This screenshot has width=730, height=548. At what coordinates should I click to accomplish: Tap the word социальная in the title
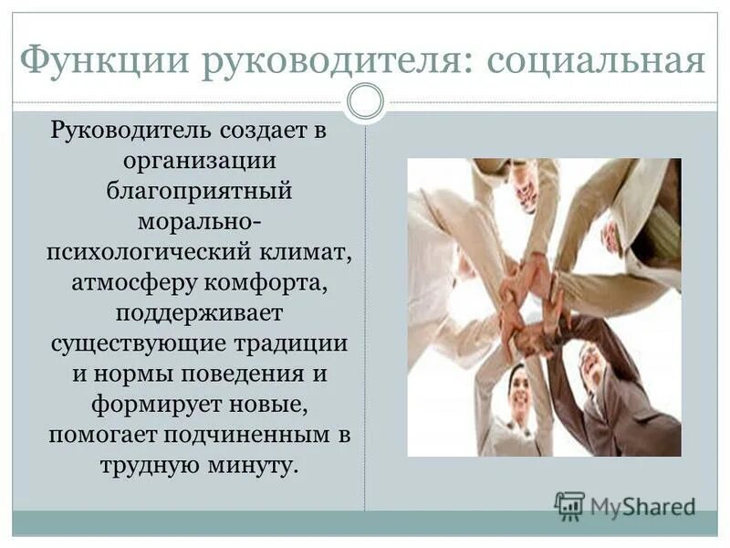597,61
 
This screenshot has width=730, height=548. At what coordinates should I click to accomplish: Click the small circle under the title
366,101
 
